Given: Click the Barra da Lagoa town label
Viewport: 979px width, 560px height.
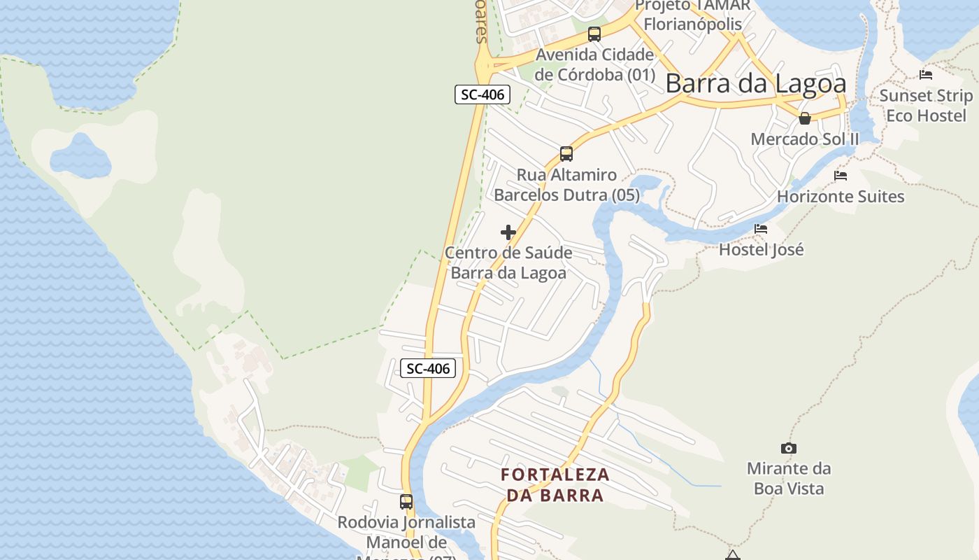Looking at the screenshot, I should [755, 83].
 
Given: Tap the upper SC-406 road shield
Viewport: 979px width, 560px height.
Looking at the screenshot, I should [483, 94].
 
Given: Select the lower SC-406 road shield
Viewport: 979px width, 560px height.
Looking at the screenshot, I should [428, 368].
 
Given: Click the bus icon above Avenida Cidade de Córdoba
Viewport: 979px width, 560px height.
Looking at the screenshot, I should [594, 34].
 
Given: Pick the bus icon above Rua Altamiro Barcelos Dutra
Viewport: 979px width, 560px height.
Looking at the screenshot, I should [566, 153].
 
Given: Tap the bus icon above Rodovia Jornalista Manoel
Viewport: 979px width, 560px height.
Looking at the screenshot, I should [406, 501].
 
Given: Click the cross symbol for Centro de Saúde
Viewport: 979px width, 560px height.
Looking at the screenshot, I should [508, 232].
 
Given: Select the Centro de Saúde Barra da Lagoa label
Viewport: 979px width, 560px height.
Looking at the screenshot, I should [508, 262].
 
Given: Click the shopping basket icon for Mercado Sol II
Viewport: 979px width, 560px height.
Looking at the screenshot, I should [805, 118].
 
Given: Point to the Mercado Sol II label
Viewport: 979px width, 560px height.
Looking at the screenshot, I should [805, 139].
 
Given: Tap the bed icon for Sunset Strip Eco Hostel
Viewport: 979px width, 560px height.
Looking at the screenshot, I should [926, 74].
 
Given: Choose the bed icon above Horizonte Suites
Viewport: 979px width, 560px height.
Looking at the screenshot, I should [841, 176].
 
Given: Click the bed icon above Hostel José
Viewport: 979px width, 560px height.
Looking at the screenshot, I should [761, 229].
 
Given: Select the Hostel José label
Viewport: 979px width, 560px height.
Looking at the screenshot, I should [762, 249].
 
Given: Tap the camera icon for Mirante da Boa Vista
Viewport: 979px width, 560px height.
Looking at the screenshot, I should [789, 448].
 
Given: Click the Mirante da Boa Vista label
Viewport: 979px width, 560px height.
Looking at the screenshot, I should [789, 478].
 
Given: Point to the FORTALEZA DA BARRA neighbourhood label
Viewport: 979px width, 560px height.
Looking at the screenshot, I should [555, 485].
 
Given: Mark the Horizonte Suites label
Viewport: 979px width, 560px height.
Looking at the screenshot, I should [841, 197].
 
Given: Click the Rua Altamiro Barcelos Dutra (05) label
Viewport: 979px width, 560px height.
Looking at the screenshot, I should [566, 185].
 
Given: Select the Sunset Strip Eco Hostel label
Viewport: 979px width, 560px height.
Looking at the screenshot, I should [926, 106].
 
